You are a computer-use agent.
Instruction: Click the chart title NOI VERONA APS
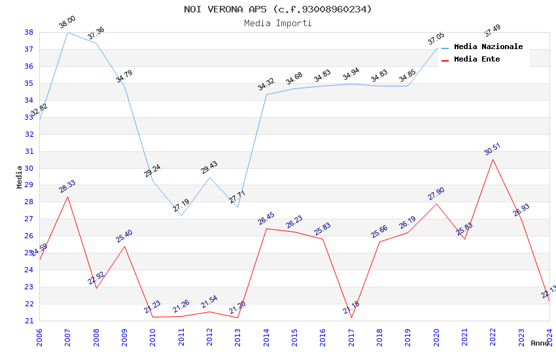tap(278, 9)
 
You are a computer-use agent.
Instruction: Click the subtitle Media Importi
tap(278, 23)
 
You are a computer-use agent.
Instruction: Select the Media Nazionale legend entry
tap(488, 47)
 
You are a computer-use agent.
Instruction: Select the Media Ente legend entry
tap(476, 59)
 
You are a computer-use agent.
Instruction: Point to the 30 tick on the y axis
tap(29, 168)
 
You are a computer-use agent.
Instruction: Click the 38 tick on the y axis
tap(29, 32)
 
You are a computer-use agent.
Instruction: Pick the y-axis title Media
tap(20, 177)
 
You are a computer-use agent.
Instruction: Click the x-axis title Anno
tap(540, 343)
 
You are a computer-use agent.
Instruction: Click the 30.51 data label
tap(492, 149)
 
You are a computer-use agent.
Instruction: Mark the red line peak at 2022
tap(493, 159)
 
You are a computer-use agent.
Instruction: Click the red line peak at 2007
tap(67, 196)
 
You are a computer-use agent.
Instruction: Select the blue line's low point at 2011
tap(181, 215)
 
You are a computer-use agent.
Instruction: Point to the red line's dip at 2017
tap(351, 318)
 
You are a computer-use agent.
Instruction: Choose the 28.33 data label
tap(67, 187)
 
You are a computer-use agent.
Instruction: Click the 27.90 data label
tap(436, 194)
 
